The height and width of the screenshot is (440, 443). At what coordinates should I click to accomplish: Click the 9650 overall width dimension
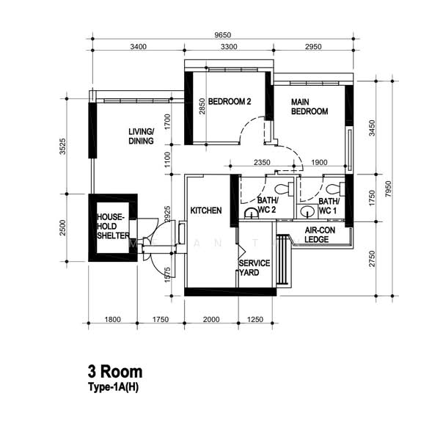coord(223,35)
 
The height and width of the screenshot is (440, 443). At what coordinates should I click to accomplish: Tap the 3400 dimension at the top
coord(139,47)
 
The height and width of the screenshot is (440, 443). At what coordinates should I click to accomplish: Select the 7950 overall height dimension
coord(389,189)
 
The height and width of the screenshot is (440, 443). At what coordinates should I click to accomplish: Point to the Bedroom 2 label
coord(230,101)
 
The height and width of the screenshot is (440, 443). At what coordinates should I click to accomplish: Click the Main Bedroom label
coord(310,107)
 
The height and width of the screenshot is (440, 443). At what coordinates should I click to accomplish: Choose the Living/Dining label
coord(141,136)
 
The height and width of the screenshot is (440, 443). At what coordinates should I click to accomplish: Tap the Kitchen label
coord(206,210)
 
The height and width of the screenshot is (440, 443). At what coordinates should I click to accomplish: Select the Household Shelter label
coord(113,227)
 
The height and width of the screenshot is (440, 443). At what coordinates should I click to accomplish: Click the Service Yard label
coord(255,268)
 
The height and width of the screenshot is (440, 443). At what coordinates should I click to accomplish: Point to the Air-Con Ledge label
coord(320,235)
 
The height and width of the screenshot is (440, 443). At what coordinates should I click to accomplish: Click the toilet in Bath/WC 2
coord(284,188)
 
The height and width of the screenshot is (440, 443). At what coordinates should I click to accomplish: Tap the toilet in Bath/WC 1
coord(335,188)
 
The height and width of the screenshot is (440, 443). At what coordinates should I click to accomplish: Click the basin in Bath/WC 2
coord(251,213)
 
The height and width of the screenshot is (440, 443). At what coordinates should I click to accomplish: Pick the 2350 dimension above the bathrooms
coord(262,162)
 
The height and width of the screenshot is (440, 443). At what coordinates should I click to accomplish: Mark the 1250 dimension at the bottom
coord(255,320)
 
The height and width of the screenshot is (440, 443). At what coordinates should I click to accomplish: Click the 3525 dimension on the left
coord(62,146)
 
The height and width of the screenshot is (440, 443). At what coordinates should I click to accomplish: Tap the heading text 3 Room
coord(115,372)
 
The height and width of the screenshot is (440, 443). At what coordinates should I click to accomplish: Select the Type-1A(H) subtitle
coord(113,387)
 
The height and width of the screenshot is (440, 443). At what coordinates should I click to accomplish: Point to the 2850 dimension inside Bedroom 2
coord(202,106)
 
